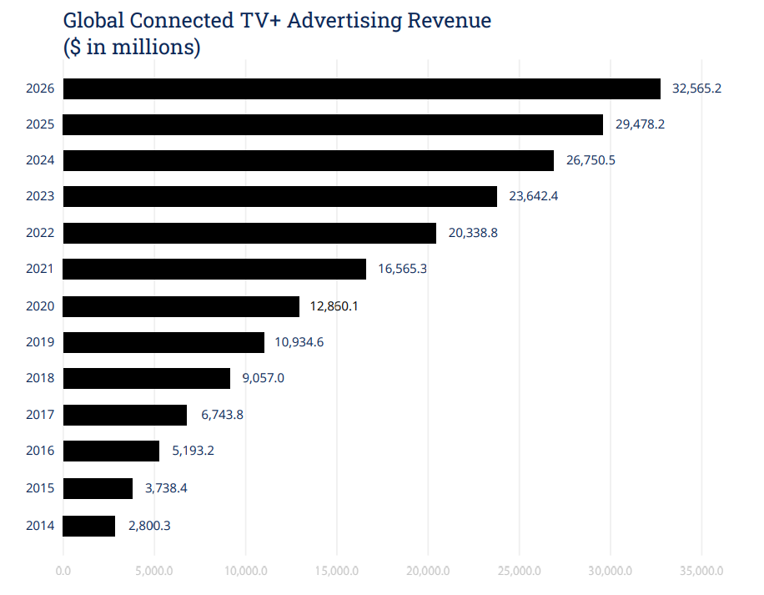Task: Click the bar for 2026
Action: pyautogui.click(x=361, y=88)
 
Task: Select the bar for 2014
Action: pyautogui.click(x=89, y=526)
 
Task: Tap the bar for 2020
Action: pyautogui.click(x=181, y=306)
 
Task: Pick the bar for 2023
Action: pyautogui.click(x=279, y=197)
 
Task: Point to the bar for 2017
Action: pyautogui.click(x=125, y=415)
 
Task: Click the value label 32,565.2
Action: pyautogui.click(x=696, y=88)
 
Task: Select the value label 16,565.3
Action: pyautogui.click(x=402, y=270)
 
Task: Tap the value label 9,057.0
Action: pyautogui.click(x=263, y=378)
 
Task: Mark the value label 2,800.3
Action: pyautogui.click(x=149, y=526)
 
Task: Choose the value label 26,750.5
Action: pyautogui.click(x=591, y=160)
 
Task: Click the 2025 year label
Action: pyautogui.click(x=40, y=124)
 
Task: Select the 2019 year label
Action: pyautogui.click(x=40, y=342)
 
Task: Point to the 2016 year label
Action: pyautogui.click(x=40, y=451)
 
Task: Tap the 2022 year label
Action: pyautogui.click(x=40, y=233)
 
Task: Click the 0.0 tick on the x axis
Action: pyautogui.click(x=63, y=572)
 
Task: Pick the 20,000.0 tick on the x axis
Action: pyautogui.click(x=428, y=572)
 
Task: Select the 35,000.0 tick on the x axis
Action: pyautogui.click(x=701, y=572)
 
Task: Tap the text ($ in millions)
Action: pyautogui.click(x=132, y=48)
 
